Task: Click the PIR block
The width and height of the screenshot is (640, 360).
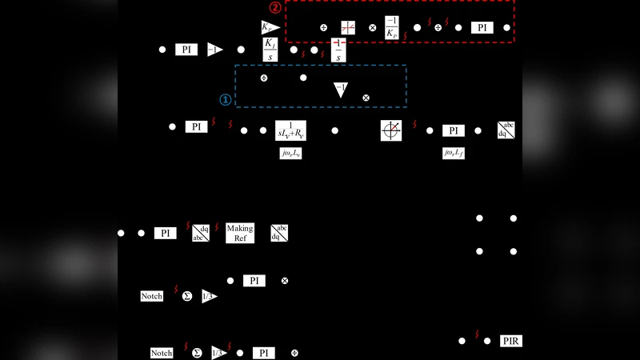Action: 511,341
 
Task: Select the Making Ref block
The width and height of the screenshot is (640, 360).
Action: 239,233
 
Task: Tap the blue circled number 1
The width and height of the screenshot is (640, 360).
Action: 226,100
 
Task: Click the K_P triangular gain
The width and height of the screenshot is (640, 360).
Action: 269,27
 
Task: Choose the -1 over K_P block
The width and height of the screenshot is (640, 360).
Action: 392,26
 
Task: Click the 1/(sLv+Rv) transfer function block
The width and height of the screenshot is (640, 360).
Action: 290,130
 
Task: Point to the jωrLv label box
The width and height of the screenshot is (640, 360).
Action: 290,151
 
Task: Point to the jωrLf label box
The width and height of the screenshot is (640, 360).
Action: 454,151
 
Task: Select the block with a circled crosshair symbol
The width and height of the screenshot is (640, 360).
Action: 391,130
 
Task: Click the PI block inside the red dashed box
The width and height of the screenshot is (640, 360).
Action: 482,27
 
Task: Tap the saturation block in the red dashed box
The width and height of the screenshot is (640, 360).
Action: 348,27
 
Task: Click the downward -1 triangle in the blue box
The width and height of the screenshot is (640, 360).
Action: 340,90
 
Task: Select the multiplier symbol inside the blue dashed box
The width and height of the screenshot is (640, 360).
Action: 366,97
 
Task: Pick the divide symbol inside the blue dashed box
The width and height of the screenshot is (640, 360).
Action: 264,78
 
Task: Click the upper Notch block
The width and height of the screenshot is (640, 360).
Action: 152,296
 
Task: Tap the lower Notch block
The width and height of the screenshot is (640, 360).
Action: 162,353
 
